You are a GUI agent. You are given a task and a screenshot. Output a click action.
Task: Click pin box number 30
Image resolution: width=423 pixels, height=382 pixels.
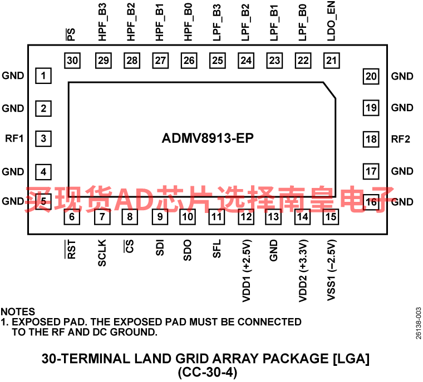(72, 61)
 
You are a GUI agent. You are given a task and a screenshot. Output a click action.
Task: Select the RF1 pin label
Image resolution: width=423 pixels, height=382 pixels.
(14, 138)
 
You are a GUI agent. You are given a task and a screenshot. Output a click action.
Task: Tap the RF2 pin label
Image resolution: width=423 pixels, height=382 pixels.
(401, 139)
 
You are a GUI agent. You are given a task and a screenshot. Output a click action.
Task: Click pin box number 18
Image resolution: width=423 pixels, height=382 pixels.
(371, 139)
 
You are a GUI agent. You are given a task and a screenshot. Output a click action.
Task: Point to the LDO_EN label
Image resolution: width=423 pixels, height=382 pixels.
(331, 21)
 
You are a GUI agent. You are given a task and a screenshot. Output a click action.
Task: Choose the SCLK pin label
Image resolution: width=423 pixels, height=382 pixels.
(102, 253)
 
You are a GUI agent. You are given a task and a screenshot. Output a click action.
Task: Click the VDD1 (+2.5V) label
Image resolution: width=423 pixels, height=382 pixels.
(247, 271)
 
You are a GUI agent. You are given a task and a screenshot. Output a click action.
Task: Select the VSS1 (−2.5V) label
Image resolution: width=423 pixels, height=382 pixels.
(332, 270)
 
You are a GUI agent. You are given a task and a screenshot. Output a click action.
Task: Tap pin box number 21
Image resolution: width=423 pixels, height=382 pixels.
(332, 61)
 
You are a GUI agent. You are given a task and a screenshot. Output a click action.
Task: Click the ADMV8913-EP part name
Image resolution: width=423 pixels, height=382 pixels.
(208, 138)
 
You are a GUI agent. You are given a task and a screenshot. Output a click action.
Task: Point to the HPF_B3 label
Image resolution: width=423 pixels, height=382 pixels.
(102, 22)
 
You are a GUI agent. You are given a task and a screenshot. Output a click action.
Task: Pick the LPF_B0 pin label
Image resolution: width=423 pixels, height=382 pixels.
(303, 23)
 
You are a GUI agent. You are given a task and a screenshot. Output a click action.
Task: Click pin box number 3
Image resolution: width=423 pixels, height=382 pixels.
(43, 138)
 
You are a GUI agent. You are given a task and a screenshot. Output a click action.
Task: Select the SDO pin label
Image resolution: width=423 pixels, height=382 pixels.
(187, 250)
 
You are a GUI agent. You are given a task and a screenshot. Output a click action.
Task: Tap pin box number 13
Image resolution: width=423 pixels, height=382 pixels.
(273, 217)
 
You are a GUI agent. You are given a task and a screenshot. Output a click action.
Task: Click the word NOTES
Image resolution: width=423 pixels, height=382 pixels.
(18, 311)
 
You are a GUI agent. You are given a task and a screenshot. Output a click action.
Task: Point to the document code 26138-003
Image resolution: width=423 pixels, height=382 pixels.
(419, 323)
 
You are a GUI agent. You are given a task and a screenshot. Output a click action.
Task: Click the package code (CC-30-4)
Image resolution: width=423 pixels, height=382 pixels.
(208, 373)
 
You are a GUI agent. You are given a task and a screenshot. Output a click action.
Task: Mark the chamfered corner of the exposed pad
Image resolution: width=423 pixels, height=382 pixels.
(329, 90)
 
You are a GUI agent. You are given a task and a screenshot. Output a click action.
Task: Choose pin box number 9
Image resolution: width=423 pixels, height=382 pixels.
(160, 217)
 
